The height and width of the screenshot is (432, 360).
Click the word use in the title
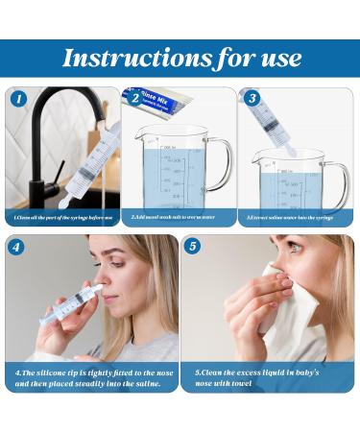click(x=276, y=59)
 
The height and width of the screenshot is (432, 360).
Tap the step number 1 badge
click(x=18, y=98)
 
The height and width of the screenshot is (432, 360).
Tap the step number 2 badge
click(x=135, y=98)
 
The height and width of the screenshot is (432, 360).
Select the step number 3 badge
click(x=252, y=98)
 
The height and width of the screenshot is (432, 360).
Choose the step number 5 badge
click(x=194, y=246)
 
